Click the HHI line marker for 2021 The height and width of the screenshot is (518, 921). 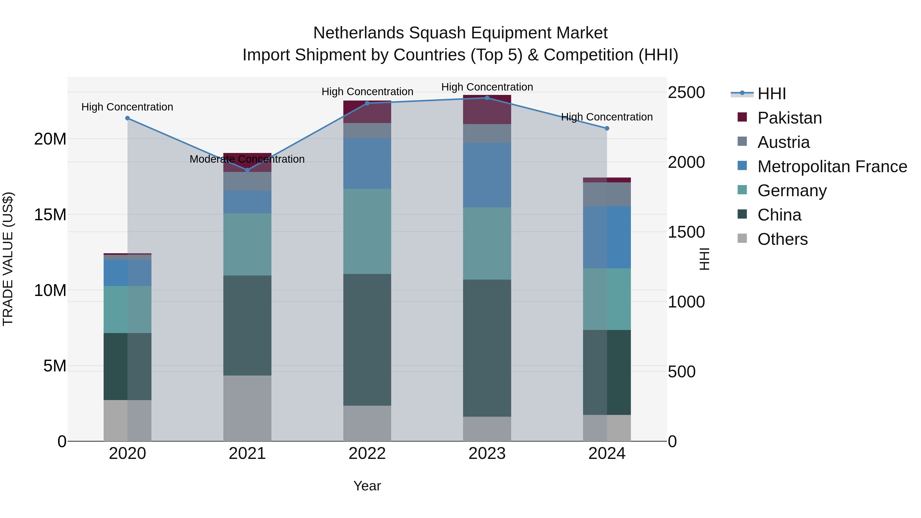247,170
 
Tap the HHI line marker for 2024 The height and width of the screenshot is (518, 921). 607,128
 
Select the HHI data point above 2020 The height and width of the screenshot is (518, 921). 127,118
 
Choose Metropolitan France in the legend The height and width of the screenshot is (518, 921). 832,167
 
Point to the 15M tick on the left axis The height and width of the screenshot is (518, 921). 50,215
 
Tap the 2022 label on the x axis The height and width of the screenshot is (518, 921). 367,454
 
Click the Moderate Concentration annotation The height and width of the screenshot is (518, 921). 247,159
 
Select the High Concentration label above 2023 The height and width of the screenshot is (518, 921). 487,87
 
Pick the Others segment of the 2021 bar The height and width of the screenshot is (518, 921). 247,408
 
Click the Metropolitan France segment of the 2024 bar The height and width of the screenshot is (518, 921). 607,237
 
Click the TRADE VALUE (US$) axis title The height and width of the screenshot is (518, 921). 8,259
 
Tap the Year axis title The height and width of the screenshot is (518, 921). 367,486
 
